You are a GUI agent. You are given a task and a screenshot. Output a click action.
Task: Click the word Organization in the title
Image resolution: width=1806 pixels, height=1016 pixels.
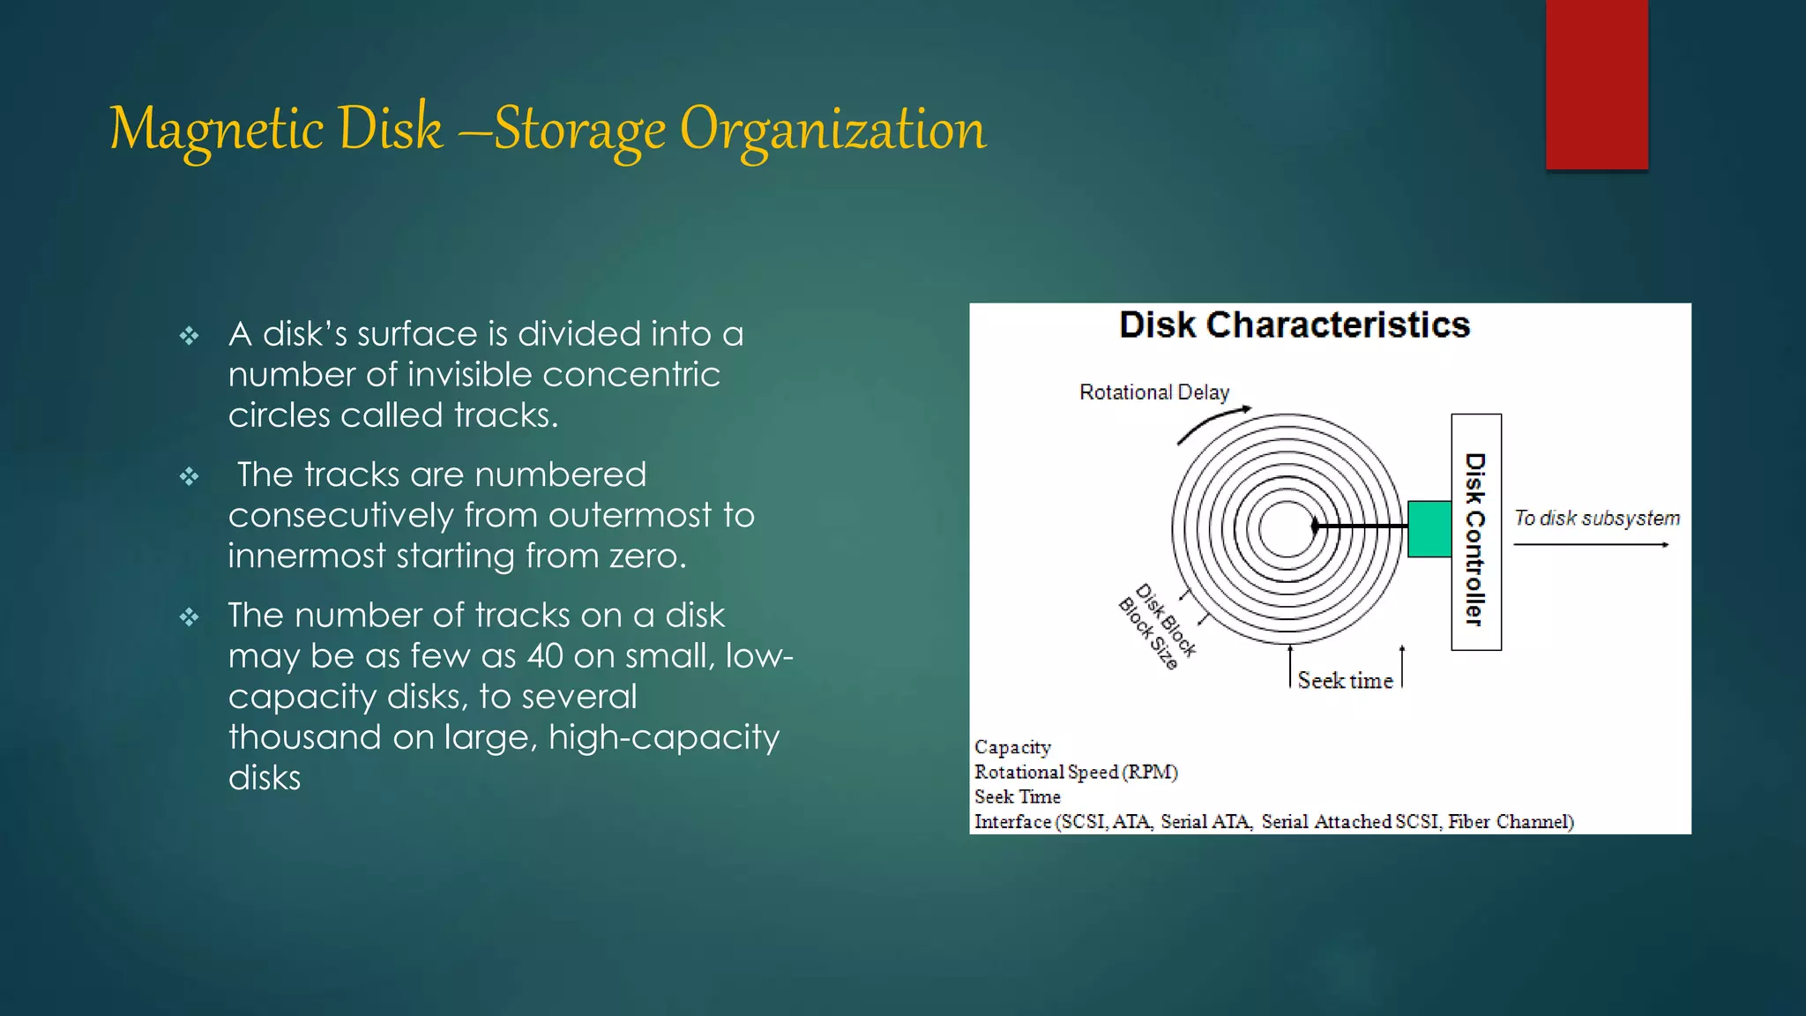(832, 130)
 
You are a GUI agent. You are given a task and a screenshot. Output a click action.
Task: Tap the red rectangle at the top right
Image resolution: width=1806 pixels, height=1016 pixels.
(1596, 84)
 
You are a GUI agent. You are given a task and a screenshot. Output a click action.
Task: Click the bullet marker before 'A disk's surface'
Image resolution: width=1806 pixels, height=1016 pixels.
(190, 336)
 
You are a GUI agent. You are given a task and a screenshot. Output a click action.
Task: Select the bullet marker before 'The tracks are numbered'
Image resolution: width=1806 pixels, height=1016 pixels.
(190, 477)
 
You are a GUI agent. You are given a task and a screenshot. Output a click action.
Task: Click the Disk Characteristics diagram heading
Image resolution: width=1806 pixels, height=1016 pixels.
(1294, 325)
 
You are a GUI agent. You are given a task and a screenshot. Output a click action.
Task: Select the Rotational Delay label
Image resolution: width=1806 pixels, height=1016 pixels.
(1153, 392)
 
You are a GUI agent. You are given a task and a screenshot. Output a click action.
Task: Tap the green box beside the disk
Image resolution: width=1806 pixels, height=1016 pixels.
(1429, 529)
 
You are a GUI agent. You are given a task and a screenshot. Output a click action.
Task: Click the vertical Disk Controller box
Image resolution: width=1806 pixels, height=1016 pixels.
(1475, 533)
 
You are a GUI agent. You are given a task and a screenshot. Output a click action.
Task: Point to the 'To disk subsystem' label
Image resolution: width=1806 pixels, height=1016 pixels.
(1596, 519)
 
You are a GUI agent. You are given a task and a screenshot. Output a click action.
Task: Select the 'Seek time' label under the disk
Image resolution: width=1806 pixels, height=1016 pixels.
(1345, 681)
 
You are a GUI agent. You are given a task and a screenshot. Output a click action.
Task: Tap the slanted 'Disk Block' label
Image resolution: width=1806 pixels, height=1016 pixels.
(1166, 621)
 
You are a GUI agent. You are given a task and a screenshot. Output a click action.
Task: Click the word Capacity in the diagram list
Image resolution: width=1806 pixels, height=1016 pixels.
(1012, 747)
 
